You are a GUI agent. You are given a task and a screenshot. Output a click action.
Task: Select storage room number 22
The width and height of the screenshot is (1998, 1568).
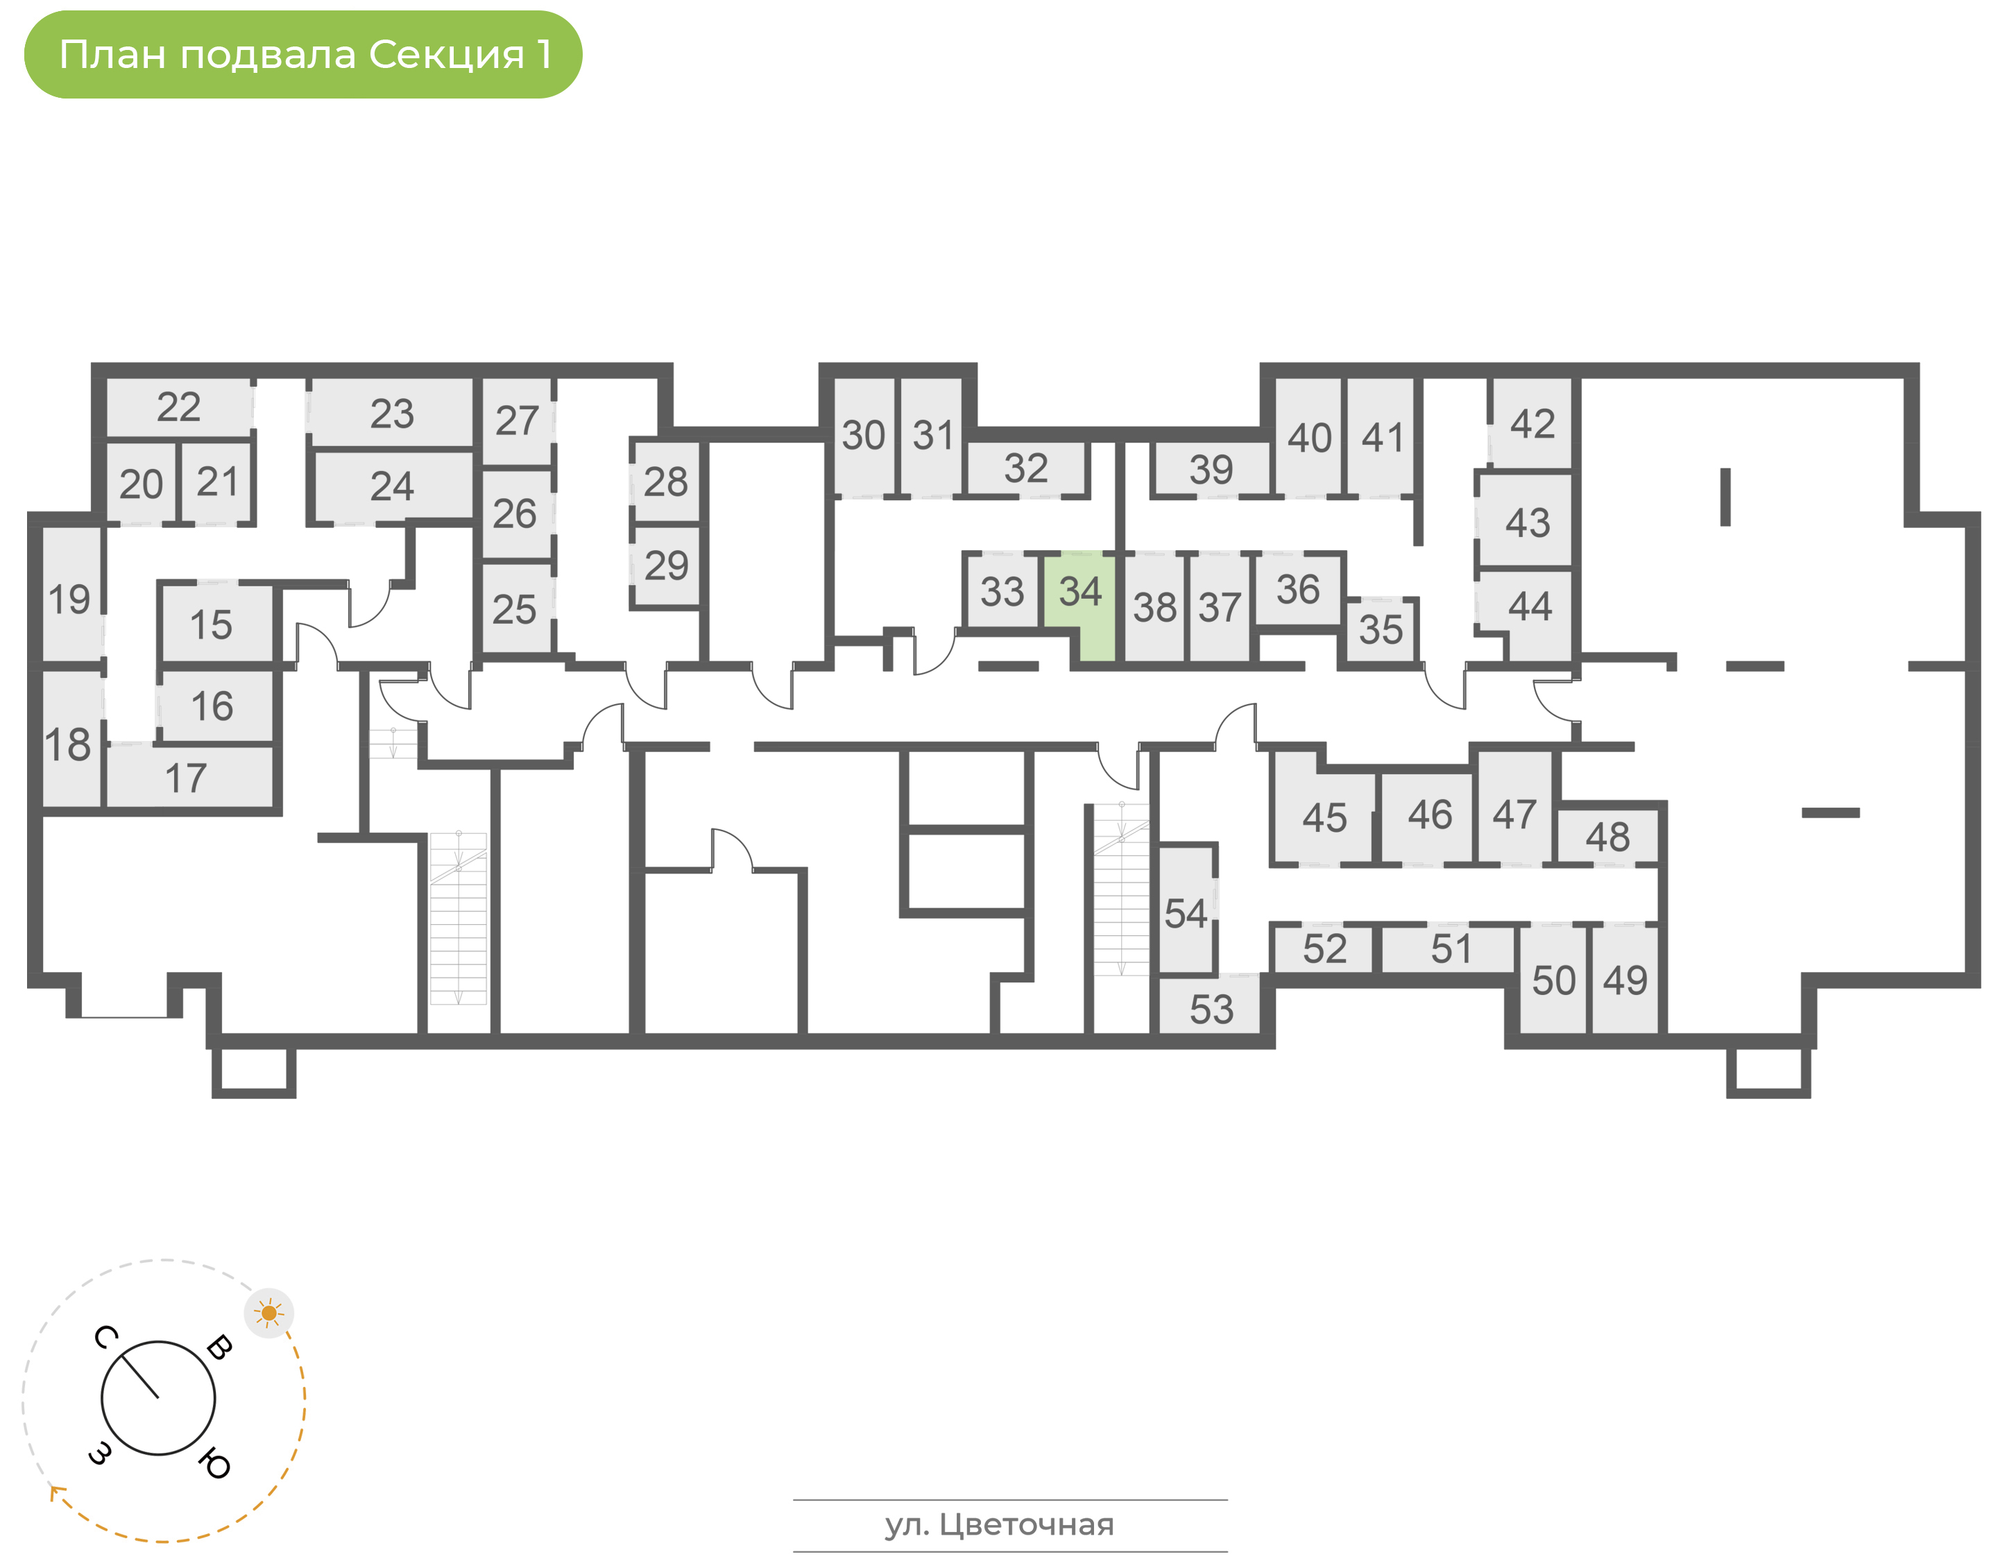179,407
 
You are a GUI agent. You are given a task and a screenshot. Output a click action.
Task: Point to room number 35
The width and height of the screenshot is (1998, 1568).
1381,631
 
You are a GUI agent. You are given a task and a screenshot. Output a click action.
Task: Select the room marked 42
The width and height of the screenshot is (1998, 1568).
1532,424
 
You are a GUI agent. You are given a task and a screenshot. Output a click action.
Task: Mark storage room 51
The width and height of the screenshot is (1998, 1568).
1450,949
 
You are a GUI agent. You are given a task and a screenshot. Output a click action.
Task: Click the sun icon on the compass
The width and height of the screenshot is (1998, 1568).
269,1313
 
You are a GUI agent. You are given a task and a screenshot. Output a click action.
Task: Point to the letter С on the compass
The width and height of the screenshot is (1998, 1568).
105,1338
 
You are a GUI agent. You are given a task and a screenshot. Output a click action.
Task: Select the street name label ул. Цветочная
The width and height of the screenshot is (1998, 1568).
1000,1525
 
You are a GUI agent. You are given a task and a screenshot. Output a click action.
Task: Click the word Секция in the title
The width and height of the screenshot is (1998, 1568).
446,55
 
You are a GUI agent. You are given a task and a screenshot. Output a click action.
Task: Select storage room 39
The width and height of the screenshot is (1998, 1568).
1211,470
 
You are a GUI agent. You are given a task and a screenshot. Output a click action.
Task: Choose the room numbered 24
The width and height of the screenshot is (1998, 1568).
392,486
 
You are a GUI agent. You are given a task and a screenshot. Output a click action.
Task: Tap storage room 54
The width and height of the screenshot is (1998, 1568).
1186,912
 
